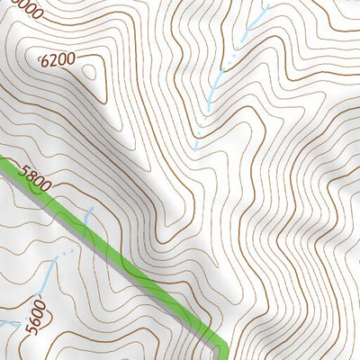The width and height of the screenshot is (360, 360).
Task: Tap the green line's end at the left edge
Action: (3, 162)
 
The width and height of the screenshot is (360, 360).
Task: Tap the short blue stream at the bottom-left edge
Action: (7, 321)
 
